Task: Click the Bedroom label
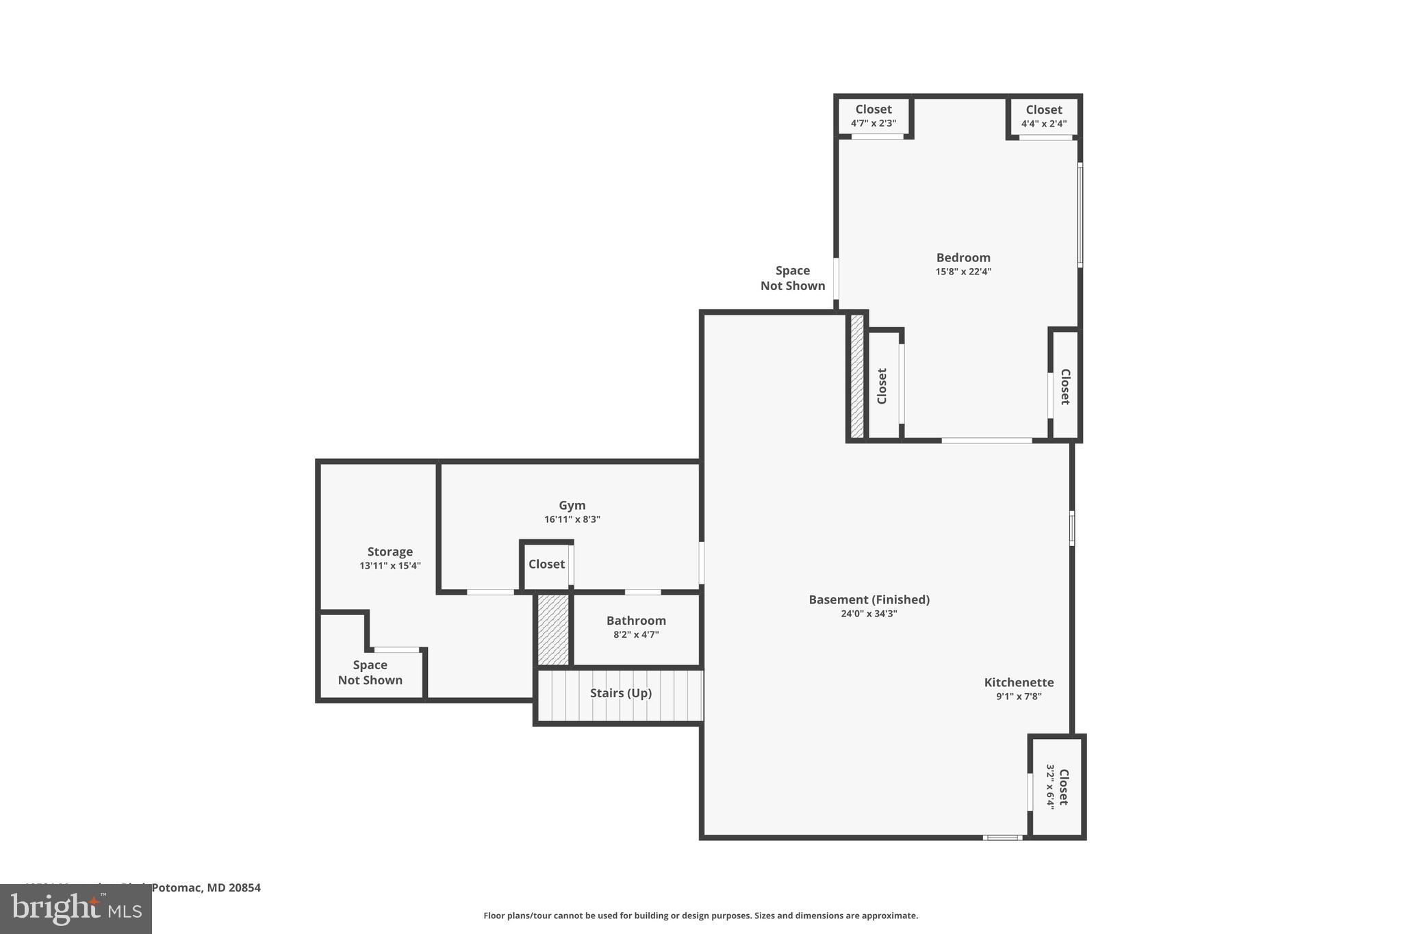pyautogui.click(x=963, y=257)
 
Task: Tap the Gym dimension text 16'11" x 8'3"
pyautogui.click(x=572, y=519)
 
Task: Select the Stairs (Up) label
pyautogui.click(x=620, y=693)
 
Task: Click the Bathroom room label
pyautogui.click(x=635, y=621)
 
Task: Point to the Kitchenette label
pyautogui.click(x=1018, y=682)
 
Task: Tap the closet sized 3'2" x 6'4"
pyautogui.click(x=1057, y=787)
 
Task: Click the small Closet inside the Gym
pyautogui.click(x=546, y=565)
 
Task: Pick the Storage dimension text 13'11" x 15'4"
pyautogui.click(x=390, y=566)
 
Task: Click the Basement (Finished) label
pyautogui.click(x=869, y=599)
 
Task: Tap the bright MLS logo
pyautogui.click(x=75, y=909)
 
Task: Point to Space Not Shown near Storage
pyautogui.click(x=370, y=672)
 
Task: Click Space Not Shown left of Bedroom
pyautogui.click(x=792, y=278)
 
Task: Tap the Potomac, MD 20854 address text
pyautogui.click(x=205, y=888)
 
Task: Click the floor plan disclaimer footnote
pyautogui.click(x=700, y=916)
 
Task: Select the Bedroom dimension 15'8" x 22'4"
pyautogui.click(x=963, y=272)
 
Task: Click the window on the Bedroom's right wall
pyautogui.click(x=1080, y=214)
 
